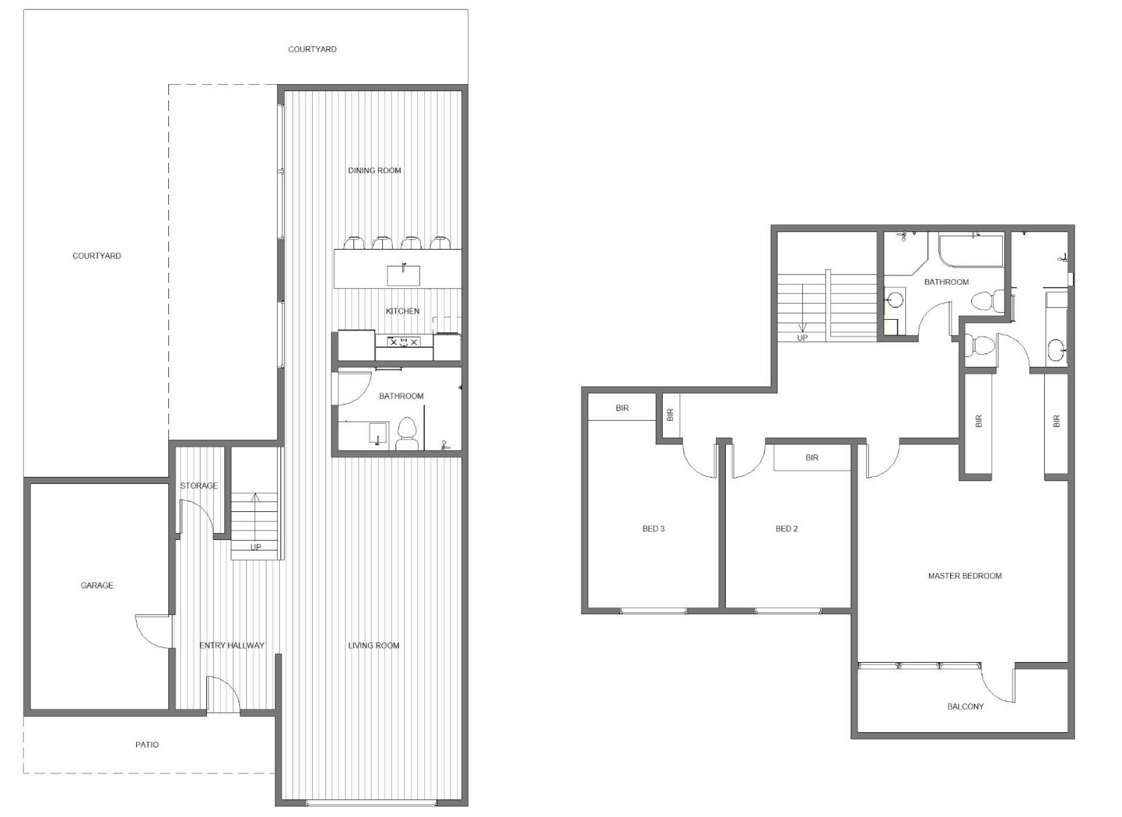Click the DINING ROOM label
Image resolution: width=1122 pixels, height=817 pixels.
click(x=375, y=171)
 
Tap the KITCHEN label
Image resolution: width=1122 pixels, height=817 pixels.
click(x=403, y=311)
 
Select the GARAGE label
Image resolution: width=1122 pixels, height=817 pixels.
click(x=97, y=585)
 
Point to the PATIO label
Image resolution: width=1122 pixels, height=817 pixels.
click(x=147, y=745)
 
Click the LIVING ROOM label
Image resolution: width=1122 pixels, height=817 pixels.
click(x=374, y=645)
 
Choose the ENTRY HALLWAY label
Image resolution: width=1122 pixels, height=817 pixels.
click(x=232, y=645)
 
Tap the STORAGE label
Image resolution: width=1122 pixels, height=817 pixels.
click(x=199, y=486)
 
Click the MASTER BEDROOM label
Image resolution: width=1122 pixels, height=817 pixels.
click(x=965, y=576)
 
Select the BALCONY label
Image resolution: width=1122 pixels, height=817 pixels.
click(x=965, y=707)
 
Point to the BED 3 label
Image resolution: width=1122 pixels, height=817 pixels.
click(x=653, y=529)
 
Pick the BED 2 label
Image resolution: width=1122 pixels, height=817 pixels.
click(x=787, y=529)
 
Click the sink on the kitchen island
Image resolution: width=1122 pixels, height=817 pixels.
click(x=403, y=275)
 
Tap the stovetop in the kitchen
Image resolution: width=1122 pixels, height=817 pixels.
click(x=404, y=342)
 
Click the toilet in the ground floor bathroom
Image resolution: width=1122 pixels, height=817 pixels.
click(x=407, y=433)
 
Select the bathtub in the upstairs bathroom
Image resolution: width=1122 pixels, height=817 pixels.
click(x=971, y=250)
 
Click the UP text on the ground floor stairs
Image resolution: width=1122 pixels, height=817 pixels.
click(x=256, y=548)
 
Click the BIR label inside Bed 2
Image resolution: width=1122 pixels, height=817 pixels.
click(x=812, y=458)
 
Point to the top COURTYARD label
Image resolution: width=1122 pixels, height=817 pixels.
click(x=312, y=49)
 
